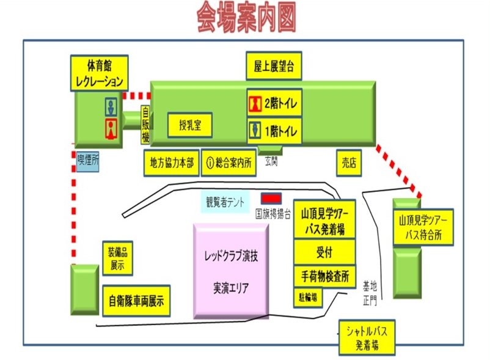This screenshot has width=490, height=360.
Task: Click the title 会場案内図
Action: coord(246,19)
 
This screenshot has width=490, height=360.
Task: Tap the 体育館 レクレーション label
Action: coord(99,73)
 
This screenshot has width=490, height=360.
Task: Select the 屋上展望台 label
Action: coord(274,66)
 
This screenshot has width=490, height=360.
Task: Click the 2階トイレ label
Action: coord(274,104)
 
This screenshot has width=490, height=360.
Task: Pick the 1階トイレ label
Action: coord(274,131)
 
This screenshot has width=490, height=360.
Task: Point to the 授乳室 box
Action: coord(189,127)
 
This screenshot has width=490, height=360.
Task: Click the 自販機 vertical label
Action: coord(145,125)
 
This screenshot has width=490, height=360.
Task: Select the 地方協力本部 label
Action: coord(172,163)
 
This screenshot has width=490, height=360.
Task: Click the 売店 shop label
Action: coord(348,163)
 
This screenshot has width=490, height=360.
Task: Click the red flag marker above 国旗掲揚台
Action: coord(271,199)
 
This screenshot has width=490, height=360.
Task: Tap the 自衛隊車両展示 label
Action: coord(136,301)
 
